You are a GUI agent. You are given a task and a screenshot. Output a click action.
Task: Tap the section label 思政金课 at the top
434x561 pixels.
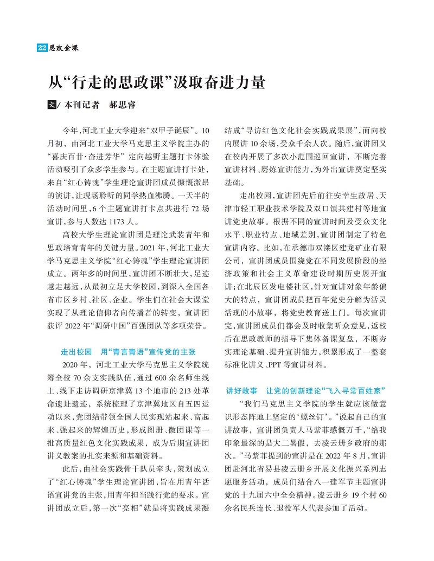[x=64, y=48]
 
